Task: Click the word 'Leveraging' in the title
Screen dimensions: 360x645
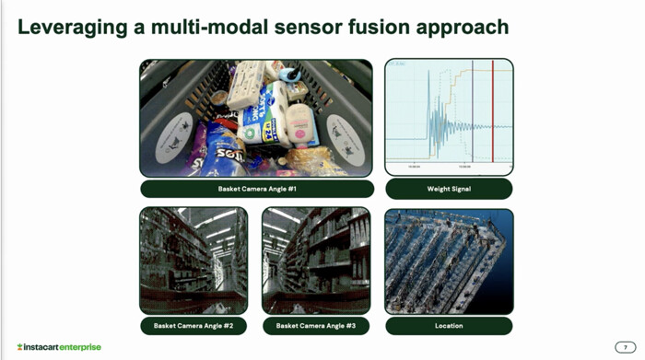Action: click(x=71, y=28)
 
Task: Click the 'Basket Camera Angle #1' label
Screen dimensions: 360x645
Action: click(x=257, y=189)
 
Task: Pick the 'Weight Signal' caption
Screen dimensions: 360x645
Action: click(x=449, y=189)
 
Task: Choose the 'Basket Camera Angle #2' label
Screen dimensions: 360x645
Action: click(x=193, y=326)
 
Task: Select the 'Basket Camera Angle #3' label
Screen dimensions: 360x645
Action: click(x=316, y=326)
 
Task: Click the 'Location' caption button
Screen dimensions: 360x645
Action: click(x=449, y=326)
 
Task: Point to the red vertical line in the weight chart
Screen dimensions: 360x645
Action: click(x=493, y=115)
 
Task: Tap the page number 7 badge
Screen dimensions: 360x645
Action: click(x=626, y=347)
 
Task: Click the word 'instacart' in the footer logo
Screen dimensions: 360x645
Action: click(x=37, y=347)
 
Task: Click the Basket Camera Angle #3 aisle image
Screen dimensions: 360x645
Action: click(x=316, y=261)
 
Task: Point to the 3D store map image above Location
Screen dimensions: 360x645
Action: click(x=449, y=261)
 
